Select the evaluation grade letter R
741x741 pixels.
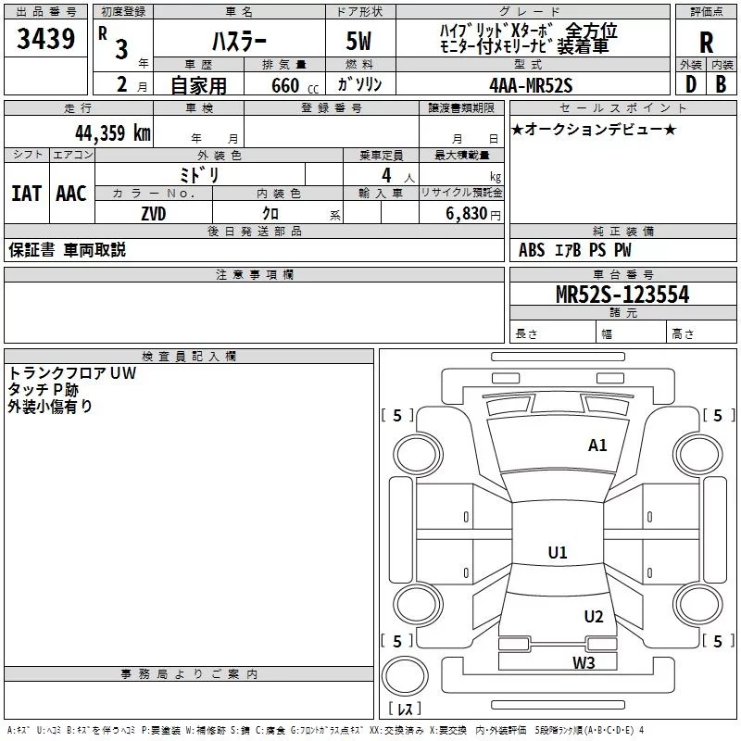tap(706, 42)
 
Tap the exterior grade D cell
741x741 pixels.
tap(690, 84)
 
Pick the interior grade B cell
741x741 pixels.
tap(722, 84)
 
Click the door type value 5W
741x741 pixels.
tap(359, 42)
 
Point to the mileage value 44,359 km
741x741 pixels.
tap(110, 133)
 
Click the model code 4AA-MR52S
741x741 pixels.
tap(532, 85)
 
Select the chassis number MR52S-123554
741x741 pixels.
tap(622, 295)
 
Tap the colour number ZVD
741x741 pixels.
tap(154, 213)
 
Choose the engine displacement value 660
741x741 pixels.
tap(284, 85)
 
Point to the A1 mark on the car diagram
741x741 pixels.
tap(597, 446)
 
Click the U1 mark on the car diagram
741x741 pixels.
tap(557, 553)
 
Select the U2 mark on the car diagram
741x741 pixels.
tap(594, 617)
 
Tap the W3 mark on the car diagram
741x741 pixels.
tap(583, 662)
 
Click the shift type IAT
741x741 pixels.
tap(26, 194)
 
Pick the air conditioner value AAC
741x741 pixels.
tap(70, 194)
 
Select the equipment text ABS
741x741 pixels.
tap(532, 250)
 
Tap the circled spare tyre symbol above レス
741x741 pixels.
tap(408, 674)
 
